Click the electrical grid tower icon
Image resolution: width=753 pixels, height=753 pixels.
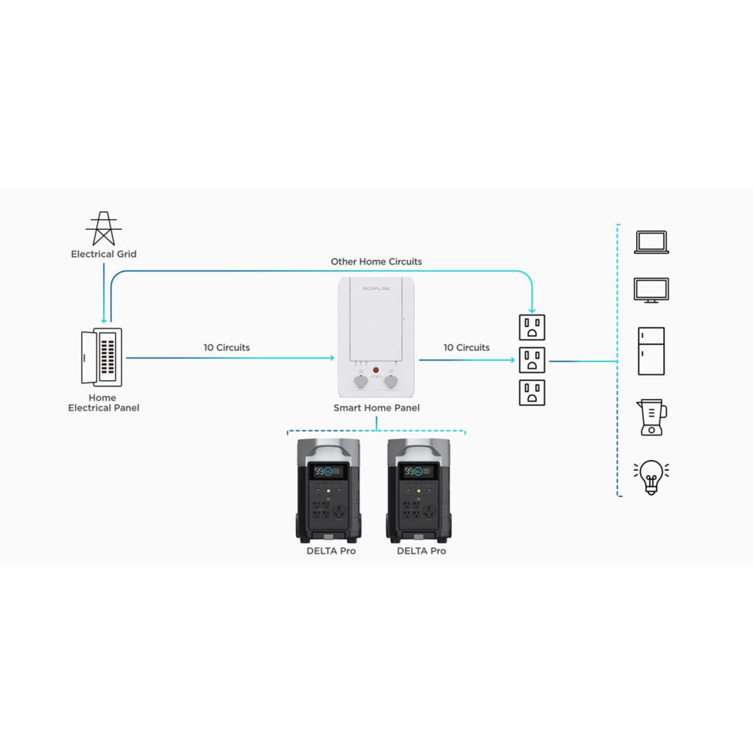pyautogui.click(x=104, y=228)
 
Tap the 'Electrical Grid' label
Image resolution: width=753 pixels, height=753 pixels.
pyautogui.click(x=104, y=254)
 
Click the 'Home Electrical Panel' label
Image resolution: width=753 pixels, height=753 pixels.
pyautogui.click(x=104, y=403)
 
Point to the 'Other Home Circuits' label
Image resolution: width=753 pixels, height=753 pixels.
pyautogui.click(x=376, y=262)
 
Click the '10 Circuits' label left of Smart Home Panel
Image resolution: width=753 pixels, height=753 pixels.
pyautogui.click(x=227, y=348)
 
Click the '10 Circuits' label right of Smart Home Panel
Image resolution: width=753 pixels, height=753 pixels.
pyautogui.click(x=466, y=348)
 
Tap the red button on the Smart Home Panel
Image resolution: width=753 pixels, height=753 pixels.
pyautogui.click(x=376, y=371)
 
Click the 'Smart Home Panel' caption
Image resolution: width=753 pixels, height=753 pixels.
pyautogui.click(x=376, y=408)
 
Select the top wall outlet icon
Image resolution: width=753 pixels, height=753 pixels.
pyautogui.click(x=532, y=328)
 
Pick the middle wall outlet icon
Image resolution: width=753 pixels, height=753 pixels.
pyautogui.click(x=532, y=360)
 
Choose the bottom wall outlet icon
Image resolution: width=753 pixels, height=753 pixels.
pyautogui.click(x=532, y=393)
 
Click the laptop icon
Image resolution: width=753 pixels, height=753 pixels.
pyautogui.click(x=651, y=242)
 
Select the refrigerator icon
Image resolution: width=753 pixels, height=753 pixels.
pyautogui.click(x=651, y=351)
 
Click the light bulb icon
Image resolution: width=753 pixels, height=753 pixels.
pyautogui.click(x=651, y=477)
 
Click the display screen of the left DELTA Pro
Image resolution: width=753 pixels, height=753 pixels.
pyautogui.click(x=328, y=471)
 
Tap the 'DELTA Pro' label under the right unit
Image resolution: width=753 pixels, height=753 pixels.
pyautogui.click(x=422, y=551)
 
